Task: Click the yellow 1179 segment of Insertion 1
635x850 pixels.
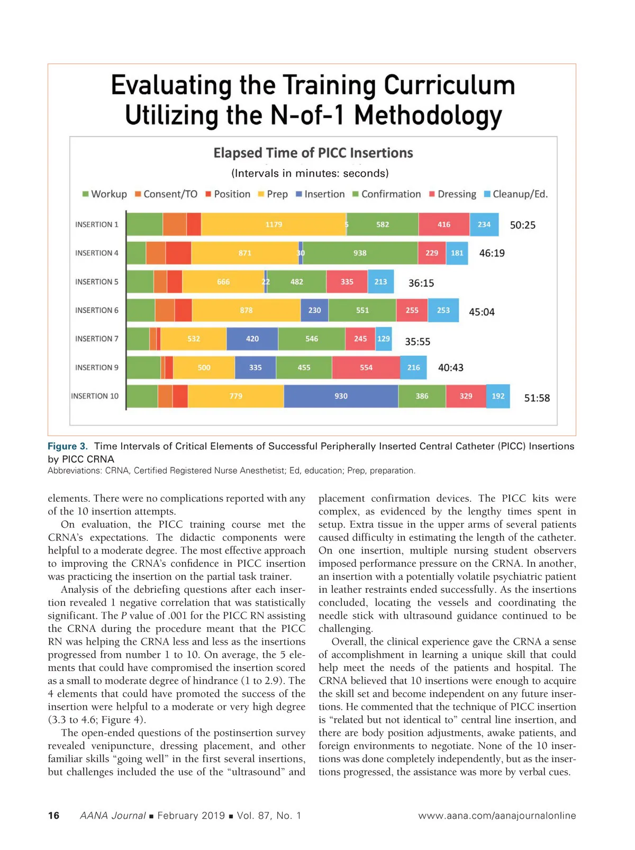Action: (x=274, y=224)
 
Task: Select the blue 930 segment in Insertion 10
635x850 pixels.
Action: (x=341, y=396)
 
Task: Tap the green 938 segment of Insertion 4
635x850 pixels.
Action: (x=360, y=253)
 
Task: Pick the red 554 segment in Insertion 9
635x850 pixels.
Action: (x=366, y=367)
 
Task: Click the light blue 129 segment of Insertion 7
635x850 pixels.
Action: (x=384, y=339)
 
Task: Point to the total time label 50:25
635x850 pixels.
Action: (x=522, y=225)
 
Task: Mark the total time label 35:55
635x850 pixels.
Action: (x=418, y=341)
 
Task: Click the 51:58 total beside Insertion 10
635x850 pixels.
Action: (x=537, y=398)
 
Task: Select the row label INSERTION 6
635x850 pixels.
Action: (x=97, y=310)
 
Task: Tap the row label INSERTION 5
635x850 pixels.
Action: (x=97, y=282)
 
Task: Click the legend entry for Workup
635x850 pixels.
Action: (x=105, y=194)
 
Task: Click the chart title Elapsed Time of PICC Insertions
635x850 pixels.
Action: (x=313, y=153)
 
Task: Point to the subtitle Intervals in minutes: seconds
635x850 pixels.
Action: (x=310, y=173)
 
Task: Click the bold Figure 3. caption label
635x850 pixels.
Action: (x=68, y=446)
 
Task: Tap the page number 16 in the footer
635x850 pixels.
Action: (x=53, y=816)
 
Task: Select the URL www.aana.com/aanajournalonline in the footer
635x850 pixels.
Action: (x=496, y=816)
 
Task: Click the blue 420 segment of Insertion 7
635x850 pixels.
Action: (x=252, y=339)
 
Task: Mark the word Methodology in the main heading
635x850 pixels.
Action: (x=428, y=115)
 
